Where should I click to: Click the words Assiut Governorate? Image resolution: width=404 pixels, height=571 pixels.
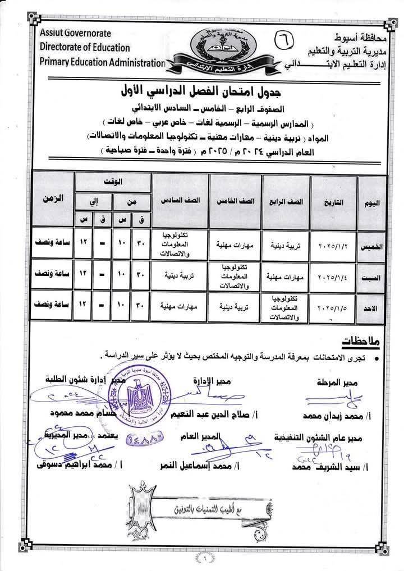point(75,34)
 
